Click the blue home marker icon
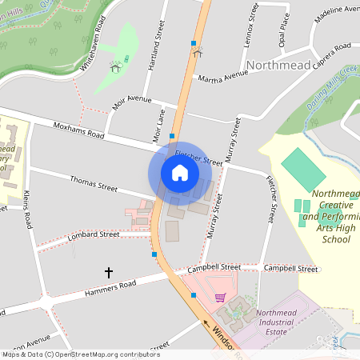tap(179, 172)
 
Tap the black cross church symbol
tap(109, 273)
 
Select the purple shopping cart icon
tap(220, 298)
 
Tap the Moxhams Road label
tap(78, 130)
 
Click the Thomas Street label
tap(93, 183)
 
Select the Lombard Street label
tap(94, 235)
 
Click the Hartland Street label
tap(156, 47)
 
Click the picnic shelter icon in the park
tap(115, 67)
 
